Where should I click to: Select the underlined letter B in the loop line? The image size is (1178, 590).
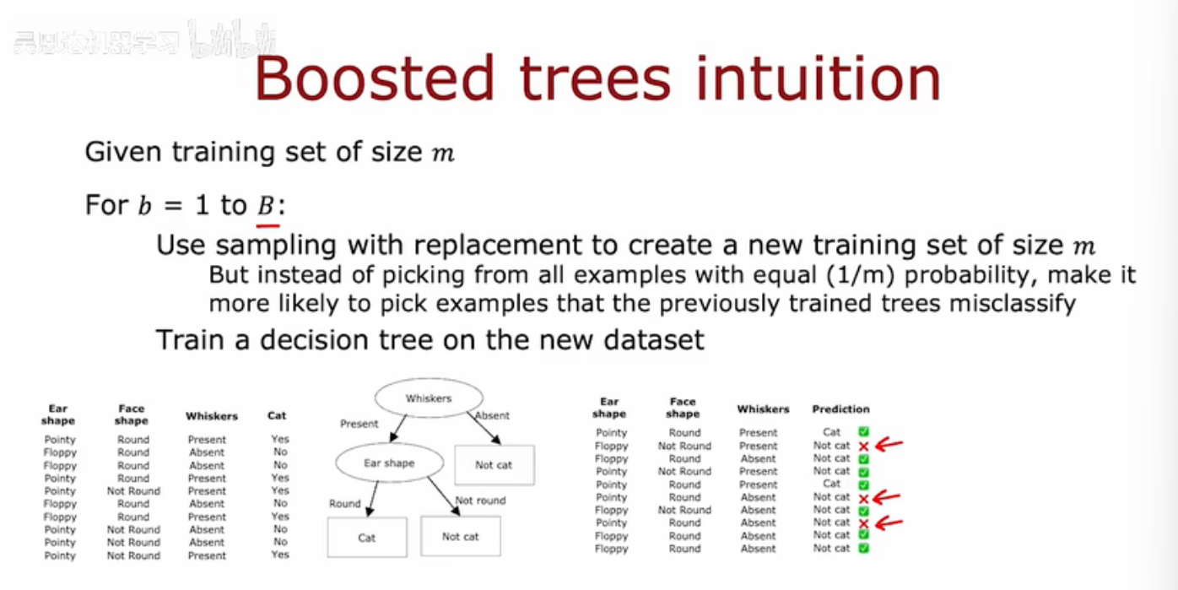(x=267, y=205)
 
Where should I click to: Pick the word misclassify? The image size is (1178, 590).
(x=1013, y=303)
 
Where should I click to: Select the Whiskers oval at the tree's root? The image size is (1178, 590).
(x=429, y=398)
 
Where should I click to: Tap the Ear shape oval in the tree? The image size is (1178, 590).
(x=388, y=463)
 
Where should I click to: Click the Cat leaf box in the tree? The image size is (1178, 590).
(x=366, y=537)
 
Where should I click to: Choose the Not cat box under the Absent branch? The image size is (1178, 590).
(x=494, y=464)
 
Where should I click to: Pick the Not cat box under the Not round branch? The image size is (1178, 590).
(x=460, y=537)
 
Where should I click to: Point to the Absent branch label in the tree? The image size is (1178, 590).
(x=492, y=415)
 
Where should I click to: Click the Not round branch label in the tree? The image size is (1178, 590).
(x=480, y=501)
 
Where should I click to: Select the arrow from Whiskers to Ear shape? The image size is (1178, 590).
(x=403, y=430)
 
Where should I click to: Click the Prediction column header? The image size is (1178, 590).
(x=840, y=409)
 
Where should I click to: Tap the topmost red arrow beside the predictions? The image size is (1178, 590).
(x=889, y=444)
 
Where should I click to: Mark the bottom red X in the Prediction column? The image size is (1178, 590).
(x=863, y=523)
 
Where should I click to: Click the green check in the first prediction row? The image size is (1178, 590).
(x=863, y=432)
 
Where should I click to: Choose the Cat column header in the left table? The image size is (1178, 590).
(x=277, y=415)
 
